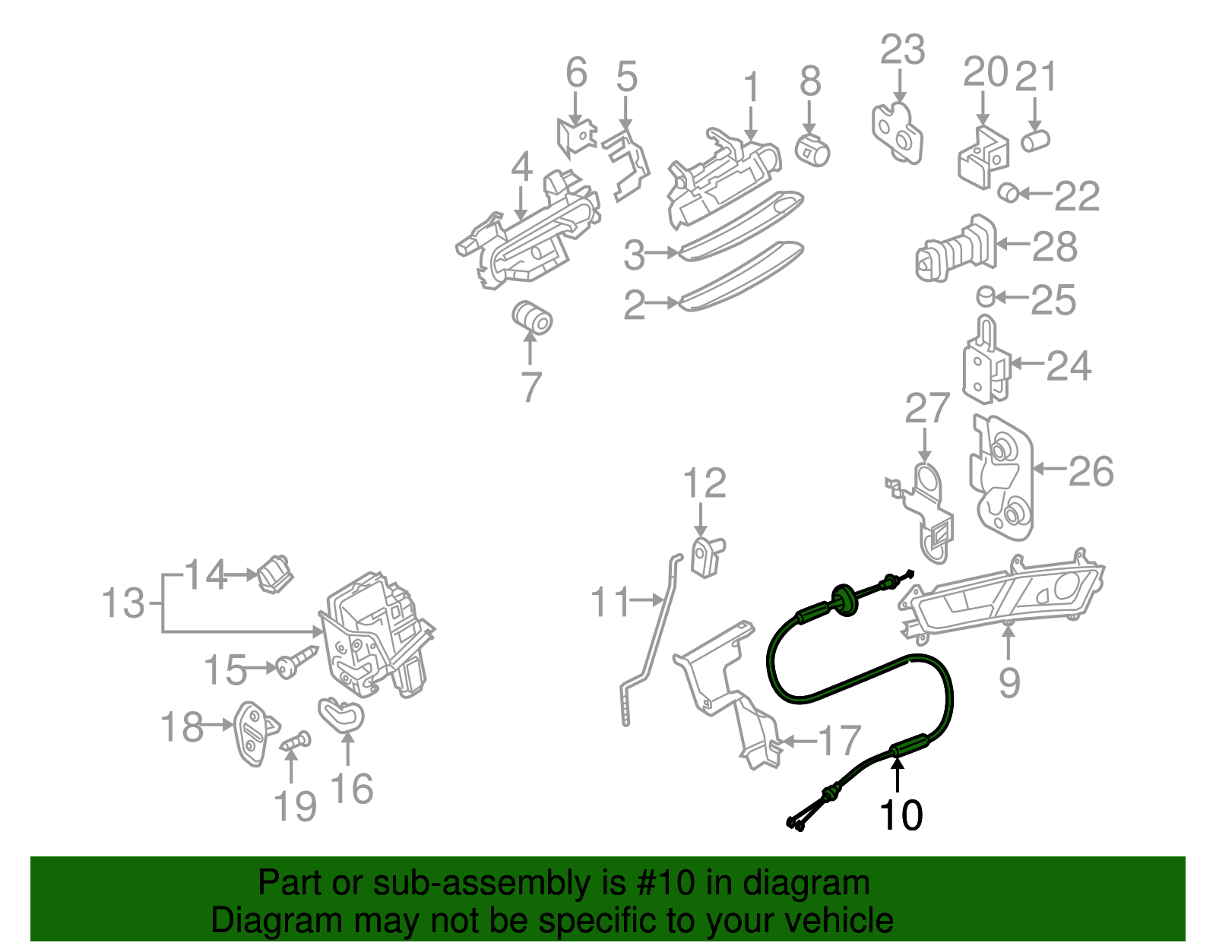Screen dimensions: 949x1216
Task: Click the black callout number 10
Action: [901, 815]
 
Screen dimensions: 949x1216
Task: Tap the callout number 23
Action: [902, 50]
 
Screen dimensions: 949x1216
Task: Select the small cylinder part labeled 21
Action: [1035, 141]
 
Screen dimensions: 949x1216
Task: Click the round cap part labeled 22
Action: [1008, 193]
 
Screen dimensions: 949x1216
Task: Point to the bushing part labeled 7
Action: [531, 318]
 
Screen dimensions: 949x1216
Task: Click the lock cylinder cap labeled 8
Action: [812, 150]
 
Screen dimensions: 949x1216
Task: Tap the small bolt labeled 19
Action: [296, 741]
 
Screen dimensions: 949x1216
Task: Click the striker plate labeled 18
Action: [253, 732]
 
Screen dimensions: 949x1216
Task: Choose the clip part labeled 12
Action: [707, 556]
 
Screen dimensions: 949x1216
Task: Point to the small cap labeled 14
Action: [276, 574]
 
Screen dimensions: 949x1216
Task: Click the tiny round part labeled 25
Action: [985, 296]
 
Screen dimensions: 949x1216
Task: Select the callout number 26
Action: [1091, 471]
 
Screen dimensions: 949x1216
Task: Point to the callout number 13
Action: [123, 603]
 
